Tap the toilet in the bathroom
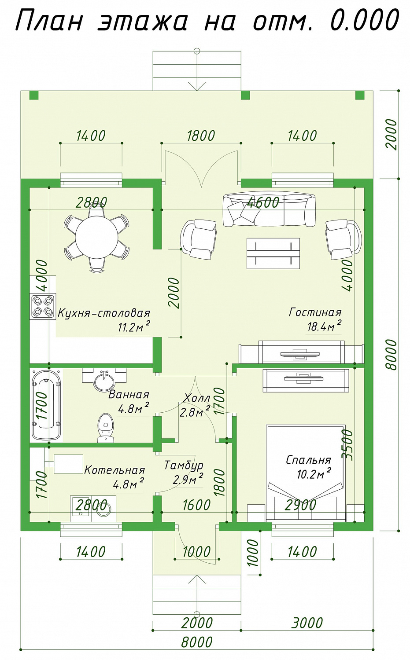(105, 428)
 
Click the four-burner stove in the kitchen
(43, 306)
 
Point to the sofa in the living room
(269, 210)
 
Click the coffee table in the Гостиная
(273, 253)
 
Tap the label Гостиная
(315, 312)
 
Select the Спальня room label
(309, 460)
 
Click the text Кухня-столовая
(104, 313)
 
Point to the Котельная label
(115, 470)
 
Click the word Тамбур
(184, 465)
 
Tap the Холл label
(197, 398)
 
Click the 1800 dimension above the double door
(201, 136)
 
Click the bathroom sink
(104, 381)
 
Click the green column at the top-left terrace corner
(34, 95)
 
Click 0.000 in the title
(365, 21)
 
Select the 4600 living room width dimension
(263, 202)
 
